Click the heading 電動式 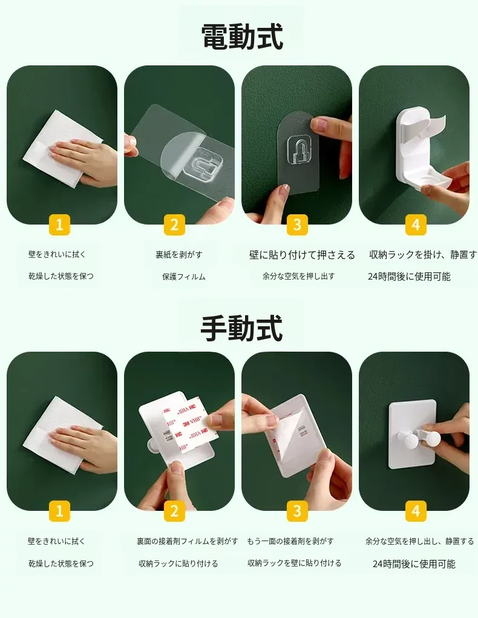tap(242, 37)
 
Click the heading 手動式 tap(242, 328)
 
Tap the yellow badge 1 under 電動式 tap(59, 225)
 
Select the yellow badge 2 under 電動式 tap(174, 225)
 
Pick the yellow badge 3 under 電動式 tap(297, 225)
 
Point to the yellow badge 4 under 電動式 tap(416, 225)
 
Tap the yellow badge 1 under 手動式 tap(59, 511)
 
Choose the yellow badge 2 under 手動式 tap(174, 511)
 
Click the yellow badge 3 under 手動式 tap(297, 511)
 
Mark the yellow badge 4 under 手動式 tap(416, 511)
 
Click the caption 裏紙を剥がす tap(179, 255)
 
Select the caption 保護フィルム tap(183, 277)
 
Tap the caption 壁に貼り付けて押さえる tap(303, 255)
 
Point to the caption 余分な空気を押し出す tap(299, 276)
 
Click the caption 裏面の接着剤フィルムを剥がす tap(188, 541)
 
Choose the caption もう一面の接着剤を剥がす tap(290, 541)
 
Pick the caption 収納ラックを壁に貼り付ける tap(295, 563)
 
